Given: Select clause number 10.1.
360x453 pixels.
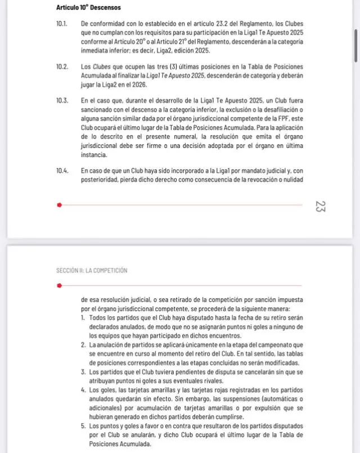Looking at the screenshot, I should pyautogui.click(x=62, y=24).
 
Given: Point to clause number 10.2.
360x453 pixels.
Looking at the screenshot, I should pyautogui.click(x=62, y=67).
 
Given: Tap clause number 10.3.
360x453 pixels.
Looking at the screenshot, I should pyautogui.click(x=62, y=101).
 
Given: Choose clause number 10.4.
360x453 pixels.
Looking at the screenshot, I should pyautogui.click(x=62, y=170).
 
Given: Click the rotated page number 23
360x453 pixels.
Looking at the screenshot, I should pyautogui.click(x=321, y=206).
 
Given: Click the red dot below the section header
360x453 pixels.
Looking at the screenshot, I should pyautogui.click(x=59, y=285).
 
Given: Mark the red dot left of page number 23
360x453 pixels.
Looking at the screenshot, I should pyautogui.click(x=59, y=205).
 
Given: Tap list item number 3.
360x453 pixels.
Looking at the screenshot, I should pyautogui.click(x=83, y=372).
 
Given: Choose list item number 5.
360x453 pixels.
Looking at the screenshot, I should pyautogui.click(x=83, y=426).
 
